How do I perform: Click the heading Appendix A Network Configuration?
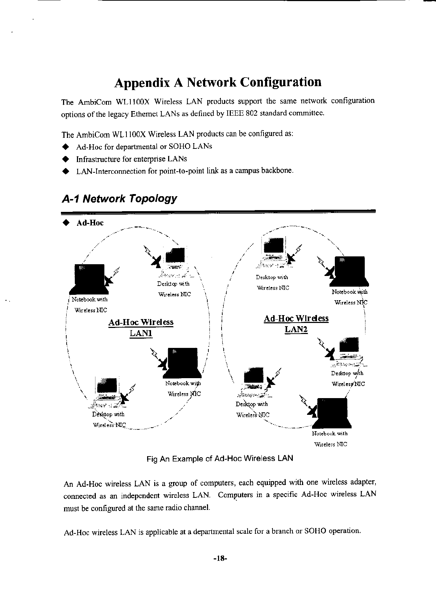pos(218,82)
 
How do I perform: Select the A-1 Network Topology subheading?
pos(119,198)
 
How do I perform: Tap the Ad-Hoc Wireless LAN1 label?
pos(141,328)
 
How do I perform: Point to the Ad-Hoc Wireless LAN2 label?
pos(296,324)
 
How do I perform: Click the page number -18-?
pos(220,558)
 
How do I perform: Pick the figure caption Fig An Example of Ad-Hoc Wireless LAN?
pos(219,459)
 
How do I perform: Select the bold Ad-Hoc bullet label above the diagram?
pos(90,223)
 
